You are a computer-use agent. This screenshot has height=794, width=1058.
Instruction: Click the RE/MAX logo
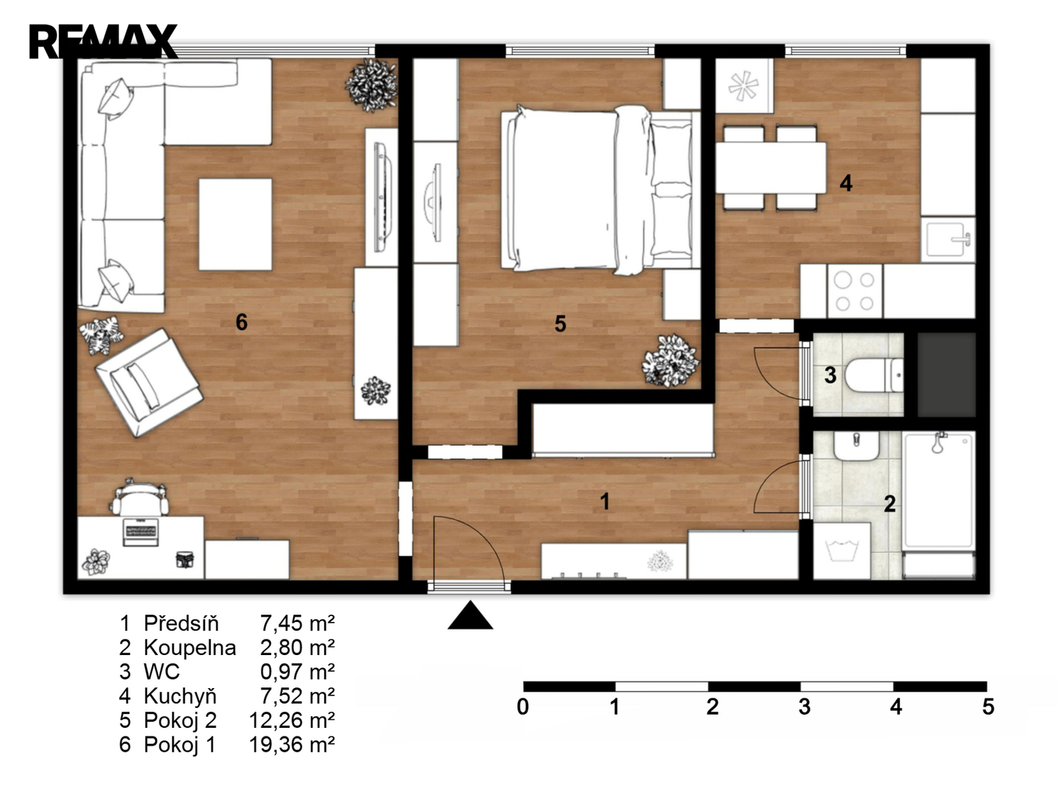(x=103, y=41)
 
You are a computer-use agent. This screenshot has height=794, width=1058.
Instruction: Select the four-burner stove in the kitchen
(x=854, y=291)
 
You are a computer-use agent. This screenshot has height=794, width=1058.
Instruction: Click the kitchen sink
(x=948, y=240)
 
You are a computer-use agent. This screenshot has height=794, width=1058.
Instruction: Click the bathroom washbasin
(x=856, y=446)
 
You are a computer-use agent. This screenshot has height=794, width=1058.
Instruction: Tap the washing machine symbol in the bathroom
(x=841, y=551)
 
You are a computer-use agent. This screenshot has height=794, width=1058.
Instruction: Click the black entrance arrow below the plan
(x=470, y=615)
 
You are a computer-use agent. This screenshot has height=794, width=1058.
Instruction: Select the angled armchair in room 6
(x=149, y=383)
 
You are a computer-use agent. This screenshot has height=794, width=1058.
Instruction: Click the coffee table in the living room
(x=235, y=224)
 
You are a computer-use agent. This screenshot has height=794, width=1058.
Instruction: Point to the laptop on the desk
(x=141, y=532)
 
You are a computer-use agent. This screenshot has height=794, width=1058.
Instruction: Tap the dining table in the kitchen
(x=770, y=168)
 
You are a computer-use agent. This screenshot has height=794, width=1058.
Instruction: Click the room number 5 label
(x=560, y=324)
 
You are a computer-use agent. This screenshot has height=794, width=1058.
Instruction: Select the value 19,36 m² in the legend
(x=292, y=745)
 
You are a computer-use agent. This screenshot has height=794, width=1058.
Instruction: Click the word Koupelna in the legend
(x=190, y=648)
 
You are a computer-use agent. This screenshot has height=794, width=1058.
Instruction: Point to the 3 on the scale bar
(x=805, y=707)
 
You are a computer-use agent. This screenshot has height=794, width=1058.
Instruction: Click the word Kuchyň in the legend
(x=180, y=695)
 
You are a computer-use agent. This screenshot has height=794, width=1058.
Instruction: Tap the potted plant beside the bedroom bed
(x=671, y=360)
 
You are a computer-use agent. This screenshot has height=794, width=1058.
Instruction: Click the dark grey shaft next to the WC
(x=946, y=375)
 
